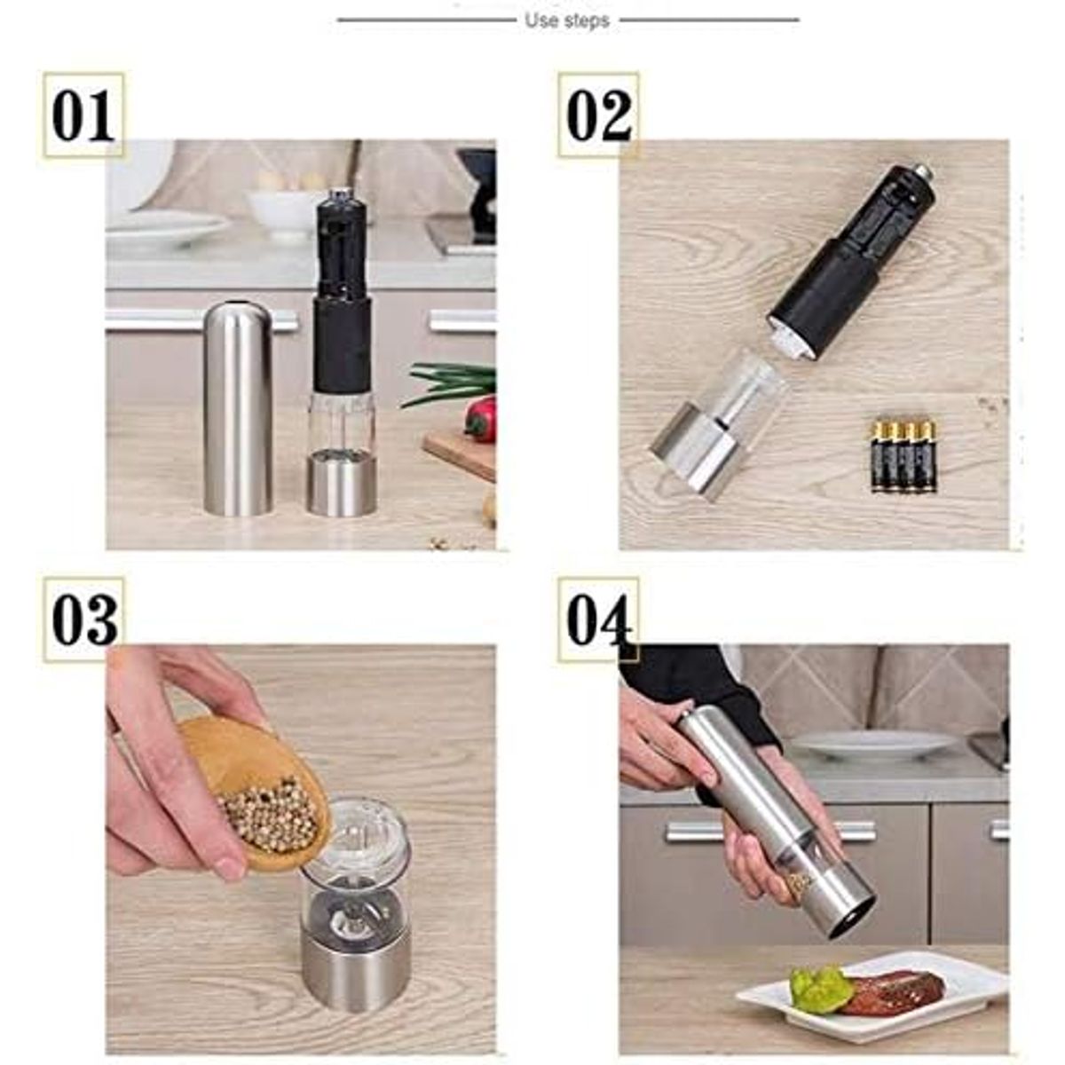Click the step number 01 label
click(83, 115)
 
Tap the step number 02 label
click(599, 115)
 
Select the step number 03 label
click(84, 619)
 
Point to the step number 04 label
click(599, 619)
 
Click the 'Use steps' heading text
click(567, 20)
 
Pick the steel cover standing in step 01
click(237, 408)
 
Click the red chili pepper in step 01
click(482, 419)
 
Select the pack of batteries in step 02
click(903, 456)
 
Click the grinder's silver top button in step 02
click(922, 170)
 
